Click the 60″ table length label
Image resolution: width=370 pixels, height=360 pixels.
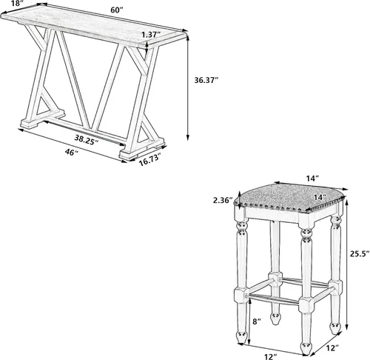(x=116, y=10)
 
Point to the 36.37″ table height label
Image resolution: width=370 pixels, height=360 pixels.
(x=206, y=80)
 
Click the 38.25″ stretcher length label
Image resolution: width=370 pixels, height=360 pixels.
(x=87, y=140)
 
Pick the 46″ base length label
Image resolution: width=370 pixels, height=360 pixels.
(x=71, y=153)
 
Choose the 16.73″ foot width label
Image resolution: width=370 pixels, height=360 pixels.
(x=150, y=161)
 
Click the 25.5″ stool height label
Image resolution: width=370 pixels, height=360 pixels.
(x=360, y=253)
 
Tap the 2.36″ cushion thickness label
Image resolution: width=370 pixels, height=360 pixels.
(x=223, y=200)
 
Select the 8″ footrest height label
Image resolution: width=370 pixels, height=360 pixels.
(x=257, y=321)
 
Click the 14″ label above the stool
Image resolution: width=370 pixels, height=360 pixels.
(x=312, y=178)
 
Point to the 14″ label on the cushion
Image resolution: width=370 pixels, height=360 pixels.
(x=320, y=197)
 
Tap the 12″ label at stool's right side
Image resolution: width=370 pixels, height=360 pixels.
(x=332, y=348)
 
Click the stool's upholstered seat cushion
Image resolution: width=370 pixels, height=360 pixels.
(x=289, y=199)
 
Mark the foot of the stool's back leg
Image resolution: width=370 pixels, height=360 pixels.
(x=275, y=319)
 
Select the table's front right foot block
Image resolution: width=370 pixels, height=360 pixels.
(x=128, y=154)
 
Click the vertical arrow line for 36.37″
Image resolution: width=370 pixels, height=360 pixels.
(x=188, y=88)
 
